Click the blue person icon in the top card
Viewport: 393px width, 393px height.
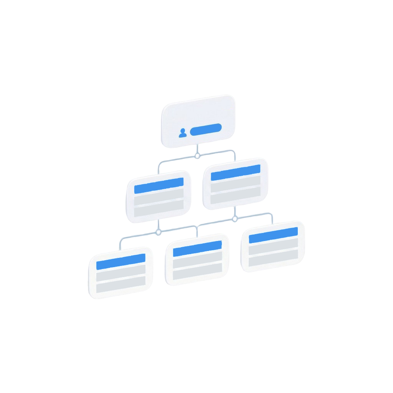(183, 133)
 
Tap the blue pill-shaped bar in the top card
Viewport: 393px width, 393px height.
(206, 129)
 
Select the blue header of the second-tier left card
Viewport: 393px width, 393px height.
(159, 186)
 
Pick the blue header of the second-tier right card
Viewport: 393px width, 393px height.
(235, 172)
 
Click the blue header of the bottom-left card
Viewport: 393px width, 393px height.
(121, 261)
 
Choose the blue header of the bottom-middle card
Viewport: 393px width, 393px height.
(197, 248)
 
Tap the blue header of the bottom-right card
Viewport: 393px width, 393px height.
(273, 235)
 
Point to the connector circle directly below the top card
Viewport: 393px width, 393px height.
(197, 156)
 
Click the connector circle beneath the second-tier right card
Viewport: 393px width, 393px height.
(235, 219)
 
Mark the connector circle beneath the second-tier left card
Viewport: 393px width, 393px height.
(158, 232)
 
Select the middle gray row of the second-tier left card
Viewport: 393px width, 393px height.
(159, 198)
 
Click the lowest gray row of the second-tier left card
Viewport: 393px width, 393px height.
(159, 210)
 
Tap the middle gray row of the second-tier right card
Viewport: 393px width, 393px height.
(235, 185)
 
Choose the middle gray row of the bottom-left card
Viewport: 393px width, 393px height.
(121, 274)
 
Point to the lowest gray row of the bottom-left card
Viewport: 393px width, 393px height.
(121, 286)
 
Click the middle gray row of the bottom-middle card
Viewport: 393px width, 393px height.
(197, 261)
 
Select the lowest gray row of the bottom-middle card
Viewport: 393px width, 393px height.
(197, 273)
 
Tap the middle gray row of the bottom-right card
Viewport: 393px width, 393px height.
(273, 248)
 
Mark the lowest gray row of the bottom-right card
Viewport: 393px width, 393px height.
(273, 260)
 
